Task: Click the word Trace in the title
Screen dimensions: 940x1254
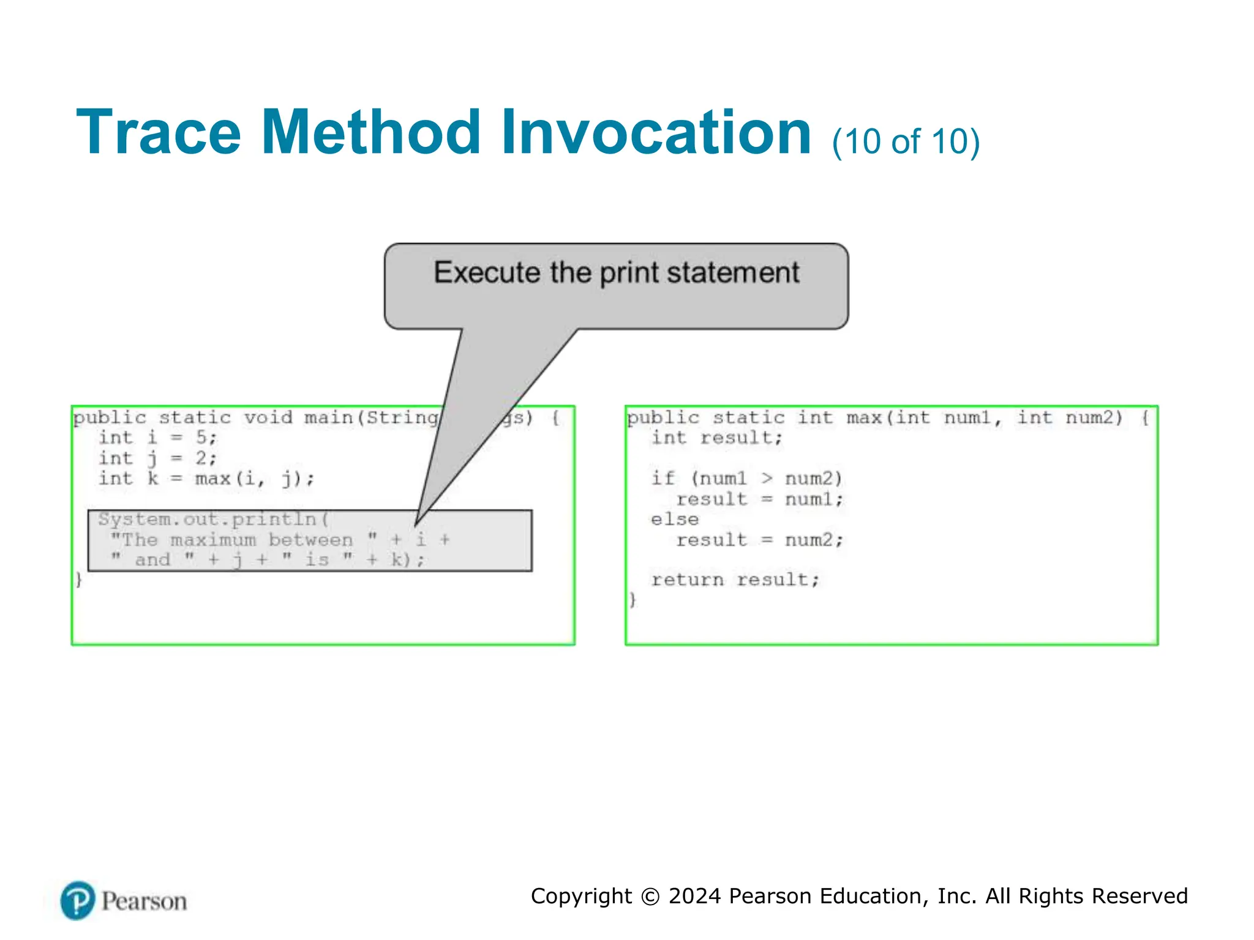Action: click(158, 133)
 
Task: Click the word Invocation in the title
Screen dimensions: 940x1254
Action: click(656, 133)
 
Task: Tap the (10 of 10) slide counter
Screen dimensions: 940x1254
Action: click(906, 141)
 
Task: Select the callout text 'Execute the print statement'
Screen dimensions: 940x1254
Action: click(616, 273)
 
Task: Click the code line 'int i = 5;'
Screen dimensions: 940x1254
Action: click(157, 438)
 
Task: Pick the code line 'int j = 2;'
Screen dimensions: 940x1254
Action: click(157, 458)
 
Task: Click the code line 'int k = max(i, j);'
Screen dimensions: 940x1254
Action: click(206, 479)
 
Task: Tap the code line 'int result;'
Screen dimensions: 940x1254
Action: click(716, 438)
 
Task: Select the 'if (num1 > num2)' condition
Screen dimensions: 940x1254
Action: click(746, 479)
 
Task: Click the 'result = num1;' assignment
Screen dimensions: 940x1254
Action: click(759, 499)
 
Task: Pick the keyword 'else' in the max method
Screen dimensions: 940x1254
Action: click(674, 520)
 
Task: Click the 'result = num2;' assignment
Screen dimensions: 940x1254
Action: click(759, 540)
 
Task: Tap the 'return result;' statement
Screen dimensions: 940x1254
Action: click(735, 580)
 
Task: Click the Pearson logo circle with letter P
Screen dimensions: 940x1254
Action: click(78, 900)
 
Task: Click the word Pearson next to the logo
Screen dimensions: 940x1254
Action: click(144, 901)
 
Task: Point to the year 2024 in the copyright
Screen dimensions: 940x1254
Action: click(694, 896)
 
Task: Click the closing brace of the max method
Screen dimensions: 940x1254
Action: click(633, 600)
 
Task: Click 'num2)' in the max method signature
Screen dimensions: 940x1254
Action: click(1094, 418)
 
